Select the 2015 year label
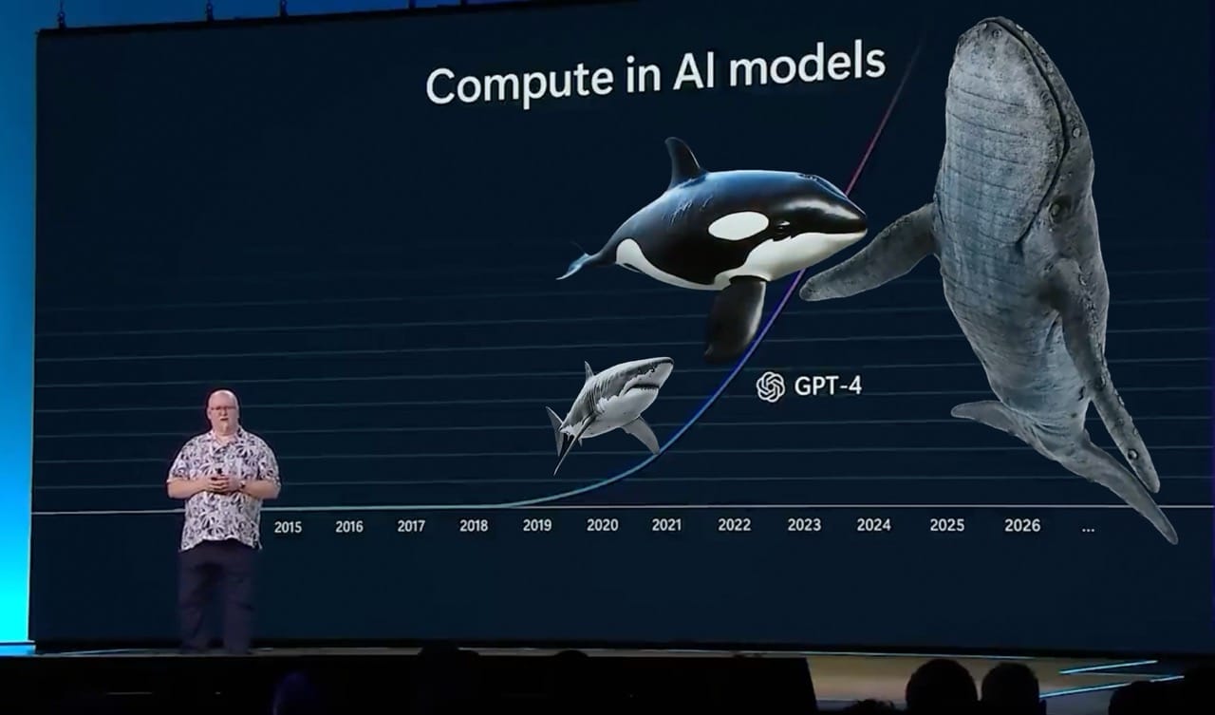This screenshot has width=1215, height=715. [x=288, y=527]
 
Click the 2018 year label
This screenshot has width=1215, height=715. [x=474, y=526]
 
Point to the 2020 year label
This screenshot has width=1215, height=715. [x=602, y=525]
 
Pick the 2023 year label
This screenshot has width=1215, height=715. [x=804, y=524]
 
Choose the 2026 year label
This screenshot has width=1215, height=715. [x=1022, y=525]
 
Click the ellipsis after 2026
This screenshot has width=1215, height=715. [x=1088, y=529]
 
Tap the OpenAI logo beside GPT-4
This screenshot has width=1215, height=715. [x=770, y=386]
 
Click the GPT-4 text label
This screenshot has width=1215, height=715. [x=828, y=386]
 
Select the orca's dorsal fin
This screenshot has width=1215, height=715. [x=683, y=160]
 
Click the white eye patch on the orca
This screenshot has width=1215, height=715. [x=738, y=225]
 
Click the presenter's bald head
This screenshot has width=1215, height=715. [x=222, y=403]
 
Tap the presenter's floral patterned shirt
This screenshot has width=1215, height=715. [x=223, y=488]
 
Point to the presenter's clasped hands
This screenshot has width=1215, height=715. [x=222, y=481]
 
